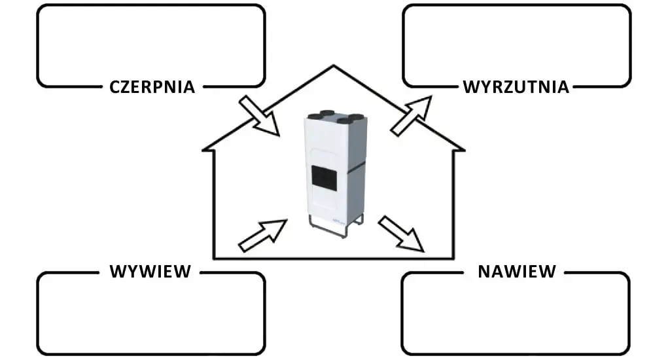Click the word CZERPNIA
tap(152, 87)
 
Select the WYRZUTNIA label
tap(516, 87)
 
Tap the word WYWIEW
tap(150, 272)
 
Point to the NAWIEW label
tap(517, 272)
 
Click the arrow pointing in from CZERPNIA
tap(259, 116)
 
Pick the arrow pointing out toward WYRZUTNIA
tap(411, 116)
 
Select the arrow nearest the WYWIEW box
tap(262, 235)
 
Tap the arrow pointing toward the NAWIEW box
tap(401, 234)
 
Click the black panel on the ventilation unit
tap(325, 176)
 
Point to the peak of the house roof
tap(334, 65)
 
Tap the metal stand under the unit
tap(336, 226)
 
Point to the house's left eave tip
tap(203, 149)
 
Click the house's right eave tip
tap(463, 149)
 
